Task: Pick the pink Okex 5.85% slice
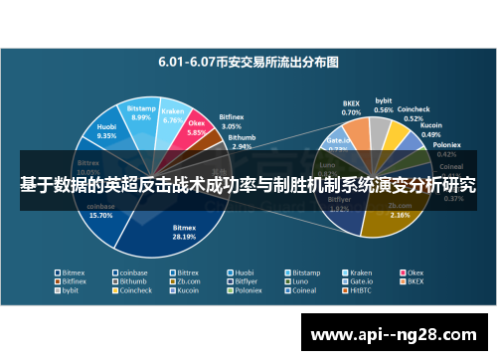click(196, 128)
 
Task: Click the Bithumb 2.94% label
click(241, 143)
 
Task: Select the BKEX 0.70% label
click(351, 107)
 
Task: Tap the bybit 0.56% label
click(384, 105)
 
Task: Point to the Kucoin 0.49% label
click(431, 129)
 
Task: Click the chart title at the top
click(248, 61)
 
